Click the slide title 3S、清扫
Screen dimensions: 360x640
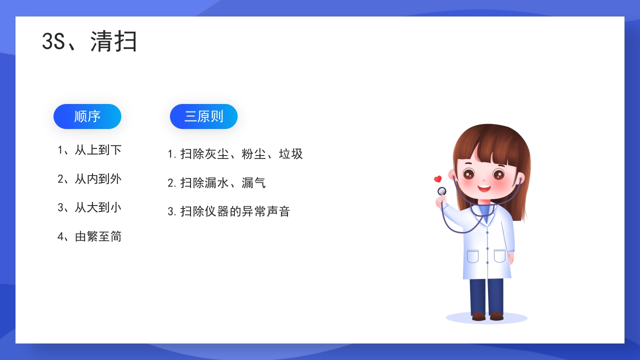tap(89, 41)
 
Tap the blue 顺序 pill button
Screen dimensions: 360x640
tap(87, 116)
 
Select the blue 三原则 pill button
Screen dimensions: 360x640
tap(203, 116)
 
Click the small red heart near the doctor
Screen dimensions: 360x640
tap(437, 179)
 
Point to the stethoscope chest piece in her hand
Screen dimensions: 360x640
tap(441, 191)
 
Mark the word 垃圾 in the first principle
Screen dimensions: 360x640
tap(291, 154)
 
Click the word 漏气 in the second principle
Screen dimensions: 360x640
tap(253, 182)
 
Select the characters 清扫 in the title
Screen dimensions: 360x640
tap(114, 41)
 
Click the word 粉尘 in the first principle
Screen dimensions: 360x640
tap(253, 154)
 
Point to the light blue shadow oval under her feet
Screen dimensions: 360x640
tap(486, 317)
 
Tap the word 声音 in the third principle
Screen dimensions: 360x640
tap(278, 211)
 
